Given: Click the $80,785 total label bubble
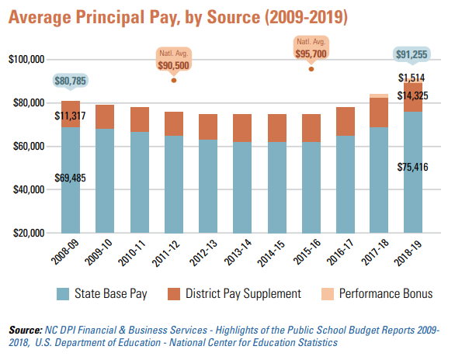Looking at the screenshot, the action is coord(70,81).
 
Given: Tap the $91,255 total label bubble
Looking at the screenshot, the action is coord(412,54).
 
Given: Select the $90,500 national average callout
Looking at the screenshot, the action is coord(173,61).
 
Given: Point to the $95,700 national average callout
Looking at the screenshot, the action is coord(311,48).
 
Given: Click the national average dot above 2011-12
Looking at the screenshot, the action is coord(173,80).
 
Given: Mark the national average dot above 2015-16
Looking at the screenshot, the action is coord(311,69).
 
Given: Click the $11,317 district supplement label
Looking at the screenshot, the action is coord(70,116).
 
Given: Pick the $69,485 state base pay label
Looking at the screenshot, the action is coord(70,178).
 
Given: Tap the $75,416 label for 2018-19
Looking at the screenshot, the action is coord(412,167).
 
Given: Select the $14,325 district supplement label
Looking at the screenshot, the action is coord(412,95).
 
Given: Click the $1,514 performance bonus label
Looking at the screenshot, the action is coord(412,78).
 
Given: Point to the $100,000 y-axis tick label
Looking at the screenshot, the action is coord(26,60).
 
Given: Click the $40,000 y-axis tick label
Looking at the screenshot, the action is coord(29,189).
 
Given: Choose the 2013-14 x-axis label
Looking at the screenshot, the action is coord(238,252).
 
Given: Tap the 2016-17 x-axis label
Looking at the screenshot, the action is coord(340,252).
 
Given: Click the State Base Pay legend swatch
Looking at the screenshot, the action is coord(63,294).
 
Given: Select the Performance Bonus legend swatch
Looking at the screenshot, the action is coord(328,294).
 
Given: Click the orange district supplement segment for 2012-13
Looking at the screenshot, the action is coord(208,127).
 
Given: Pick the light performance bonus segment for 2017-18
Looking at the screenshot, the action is coord(379,96).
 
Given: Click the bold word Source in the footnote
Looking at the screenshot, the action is coord(26,331).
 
